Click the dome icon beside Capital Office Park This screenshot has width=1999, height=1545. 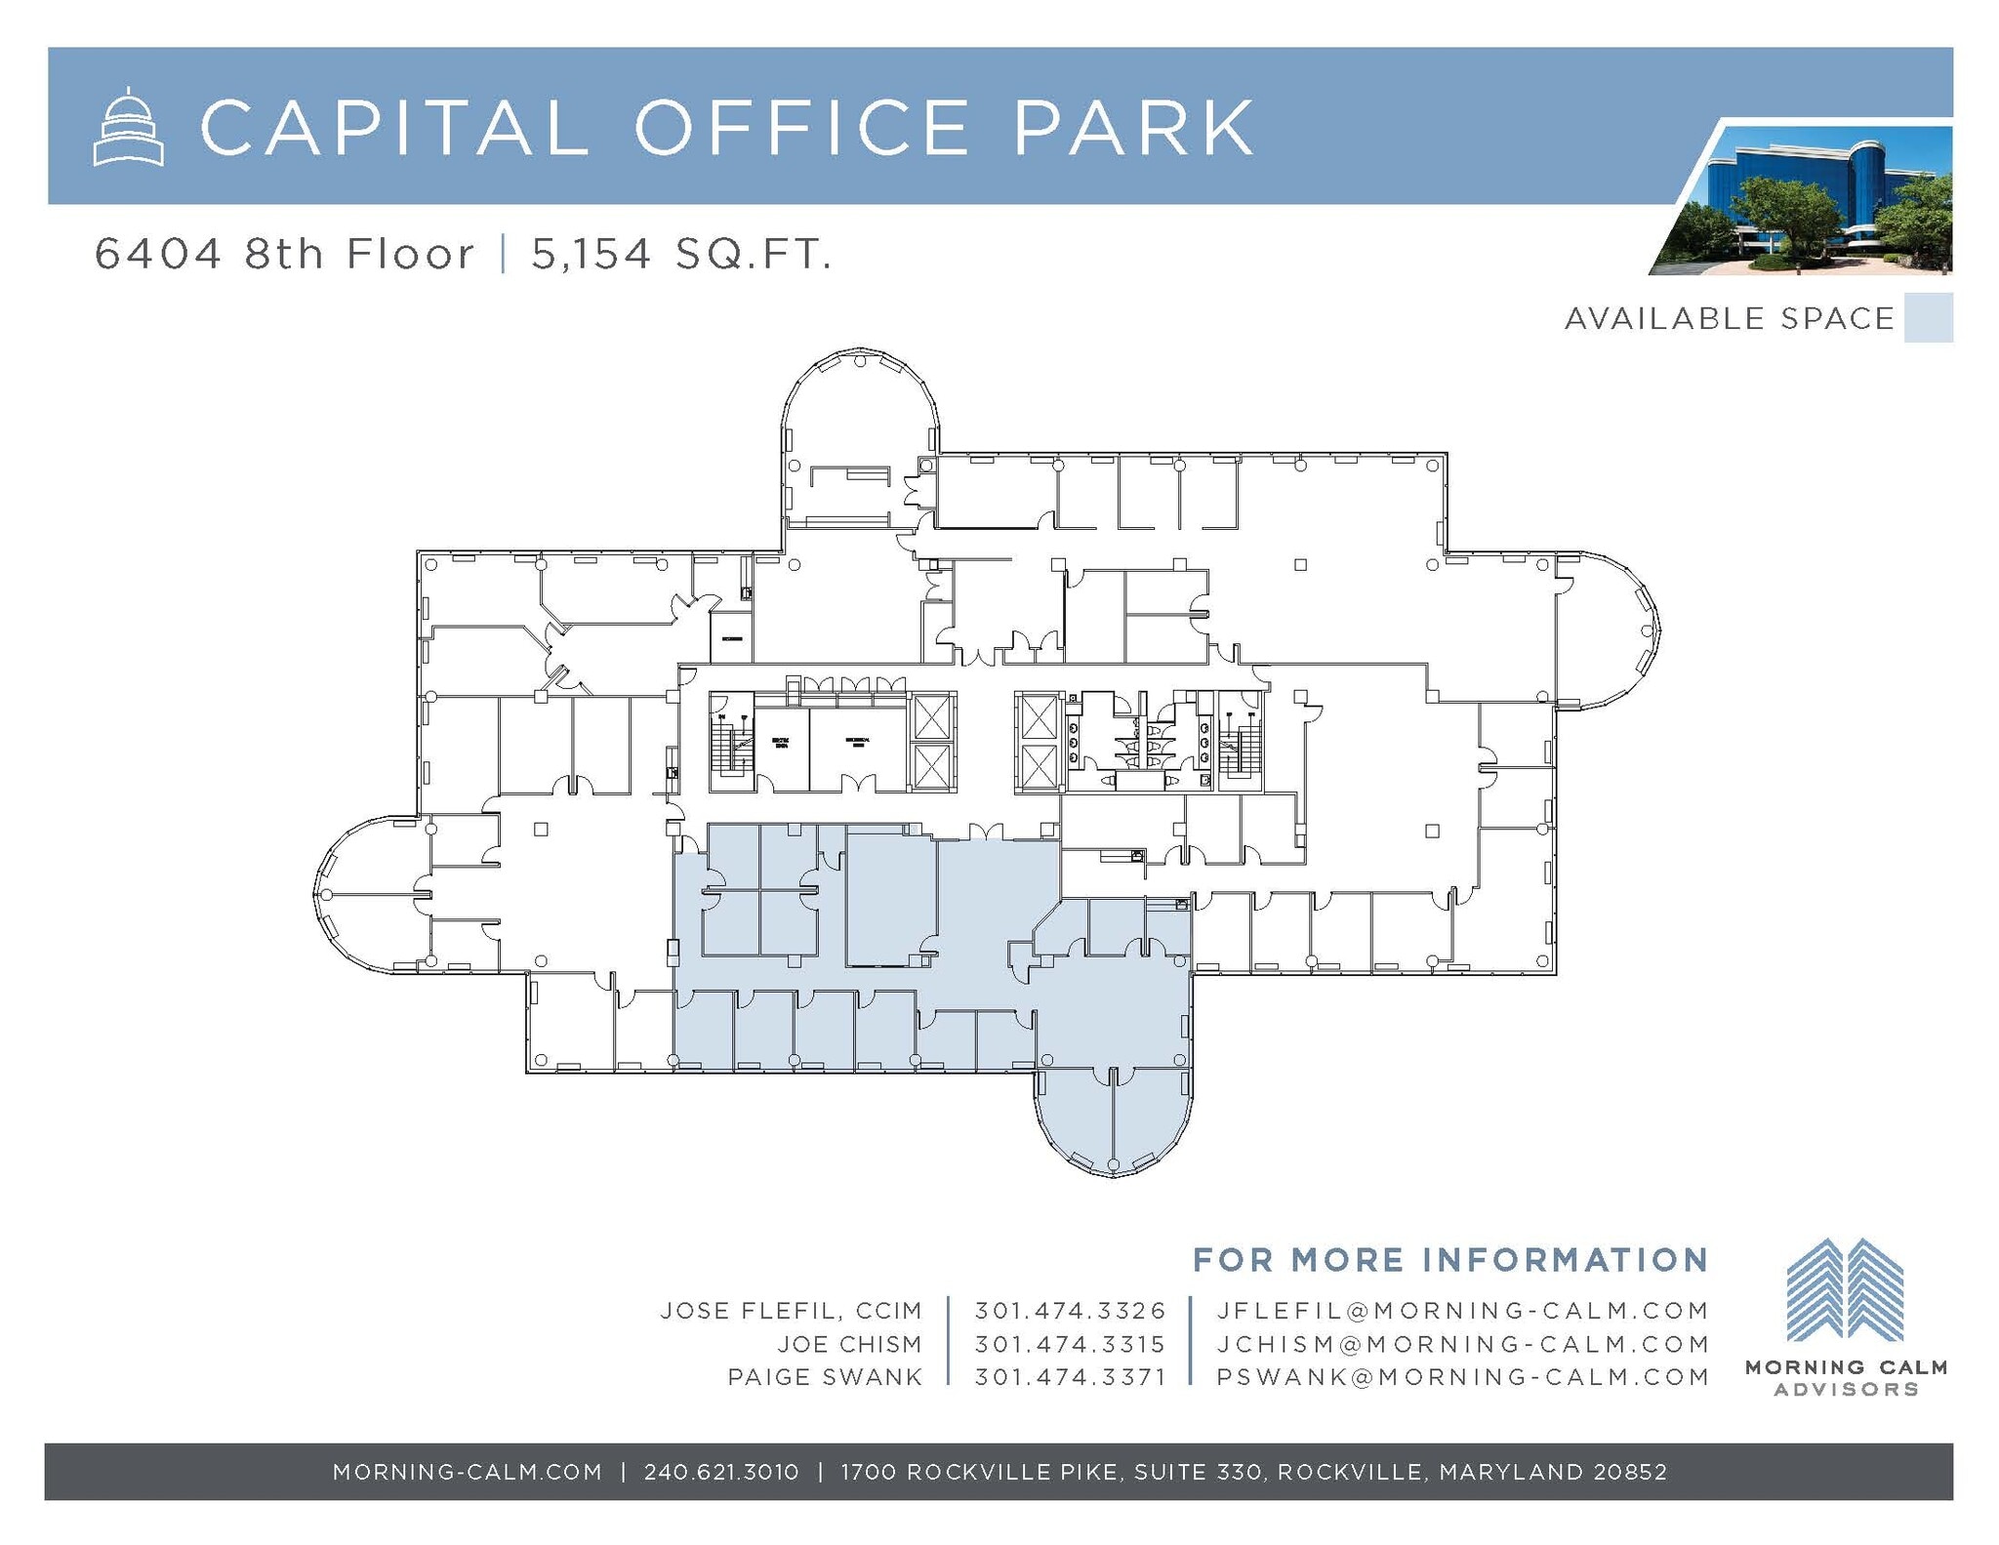pyautogui.click(x=128, y=127)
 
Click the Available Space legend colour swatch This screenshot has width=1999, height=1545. pyautogui.click(x=1928, y=318)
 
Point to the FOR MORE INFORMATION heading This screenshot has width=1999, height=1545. pyautogui.click(x=1449, y=1259)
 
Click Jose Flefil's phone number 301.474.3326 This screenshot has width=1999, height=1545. pyautogui.click(x=1070, y=1310)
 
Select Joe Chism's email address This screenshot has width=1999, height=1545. pyautogui.click(x=1462, y=1344)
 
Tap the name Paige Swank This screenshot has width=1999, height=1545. pyautogui.click(x=825, y=1377)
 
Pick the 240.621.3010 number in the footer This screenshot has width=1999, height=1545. pyautogui.click(x=721, y=1471)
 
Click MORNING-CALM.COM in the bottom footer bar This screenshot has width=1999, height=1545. pyautogui.click(x=468, y=1471)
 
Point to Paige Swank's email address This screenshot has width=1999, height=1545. pyautogui.click(x=1462, y=1377)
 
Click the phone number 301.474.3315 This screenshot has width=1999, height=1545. pyautogui.click(x=1070, y=1344)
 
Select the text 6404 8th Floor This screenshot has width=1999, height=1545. pyautogui.click(x=284, y=255)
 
